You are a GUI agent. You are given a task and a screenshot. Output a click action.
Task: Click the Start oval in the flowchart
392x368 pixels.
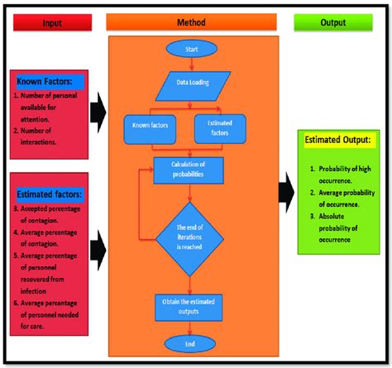[190, 49]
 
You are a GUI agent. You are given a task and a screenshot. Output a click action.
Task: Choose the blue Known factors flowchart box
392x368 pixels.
[151, 127]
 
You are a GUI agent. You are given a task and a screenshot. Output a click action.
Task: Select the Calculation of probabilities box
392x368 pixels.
[189, 170]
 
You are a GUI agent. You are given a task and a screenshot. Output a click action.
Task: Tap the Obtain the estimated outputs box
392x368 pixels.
[190, 307]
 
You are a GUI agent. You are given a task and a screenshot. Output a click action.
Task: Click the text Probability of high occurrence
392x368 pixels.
[342, 174]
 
